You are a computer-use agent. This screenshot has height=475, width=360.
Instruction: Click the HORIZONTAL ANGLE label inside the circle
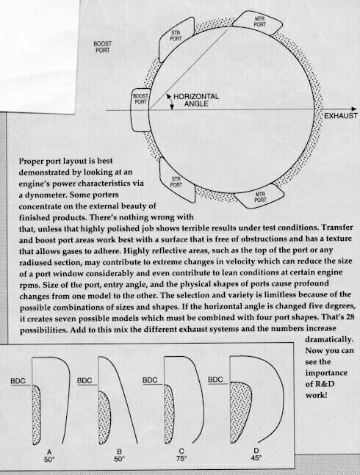[x=196, y=100]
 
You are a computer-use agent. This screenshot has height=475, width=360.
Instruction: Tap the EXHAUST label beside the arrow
[x=341, y=116]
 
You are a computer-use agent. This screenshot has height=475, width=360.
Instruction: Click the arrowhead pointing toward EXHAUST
[x=353, y=109]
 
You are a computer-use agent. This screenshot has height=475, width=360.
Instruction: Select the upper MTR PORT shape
[x=258, y=22]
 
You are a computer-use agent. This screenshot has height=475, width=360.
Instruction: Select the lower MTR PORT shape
[x=258, y=196]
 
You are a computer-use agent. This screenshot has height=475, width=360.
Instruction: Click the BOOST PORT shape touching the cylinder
[x=140, y=110]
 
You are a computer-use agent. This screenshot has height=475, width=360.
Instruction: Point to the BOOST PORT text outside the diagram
[x=102, y=47]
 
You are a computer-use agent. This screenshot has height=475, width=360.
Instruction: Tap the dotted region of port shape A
[x=36, y=415]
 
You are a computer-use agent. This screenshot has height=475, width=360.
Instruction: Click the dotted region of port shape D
[x=240, y=412]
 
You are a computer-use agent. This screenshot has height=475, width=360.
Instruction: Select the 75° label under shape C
[x=181, y=459]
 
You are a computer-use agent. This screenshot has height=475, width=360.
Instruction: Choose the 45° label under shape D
[x=256, y=457]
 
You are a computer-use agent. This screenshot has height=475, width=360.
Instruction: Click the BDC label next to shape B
[x=84, y=380]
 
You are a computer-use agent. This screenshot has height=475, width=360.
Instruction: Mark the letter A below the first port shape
[x=49, y=452]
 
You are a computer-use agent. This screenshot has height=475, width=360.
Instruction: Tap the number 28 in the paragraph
[x=349, y=317]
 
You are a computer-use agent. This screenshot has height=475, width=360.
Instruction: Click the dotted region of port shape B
[x=104, y=418]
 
